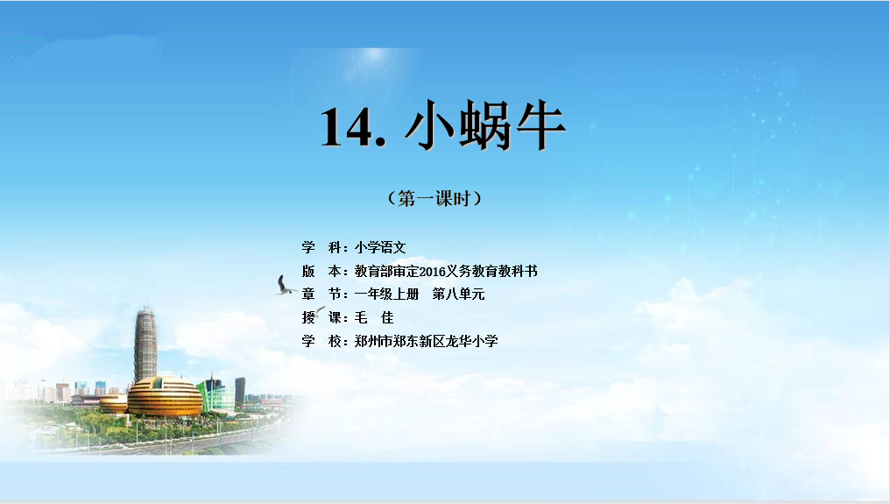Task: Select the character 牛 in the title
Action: click(540, 125)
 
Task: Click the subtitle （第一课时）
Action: click(434, 198)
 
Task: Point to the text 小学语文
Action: click(380, 247)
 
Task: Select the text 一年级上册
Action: click(386, 295)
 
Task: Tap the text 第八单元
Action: click(459, 295)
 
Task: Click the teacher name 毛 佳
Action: click(374, 317)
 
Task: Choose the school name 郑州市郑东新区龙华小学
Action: click(427, 341)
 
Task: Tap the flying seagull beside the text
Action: click(285, 285)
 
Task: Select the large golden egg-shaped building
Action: click(165, 396)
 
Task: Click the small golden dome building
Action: click(114, 403)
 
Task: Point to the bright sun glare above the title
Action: click(373, 59)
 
